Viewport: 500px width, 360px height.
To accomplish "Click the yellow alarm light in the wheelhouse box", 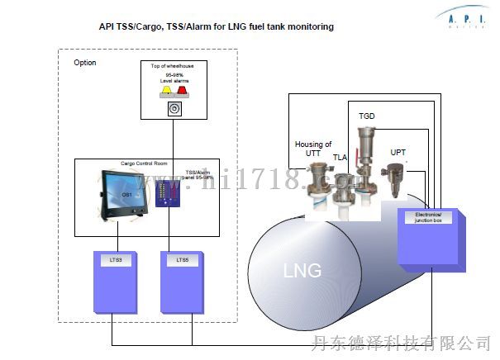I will (x=164, y=92).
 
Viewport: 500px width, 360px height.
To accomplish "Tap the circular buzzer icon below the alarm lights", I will (x=173, y=109).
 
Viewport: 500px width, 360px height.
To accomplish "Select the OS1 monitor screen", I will (x=126, y=196).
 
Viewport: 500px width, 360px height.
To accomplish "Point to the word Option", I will (x=85, y=63).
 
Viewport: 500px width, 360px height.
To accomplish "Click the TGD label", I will (x=366, y=116).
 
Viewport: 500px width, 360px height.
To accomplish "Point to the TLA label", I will (x=340, y=157).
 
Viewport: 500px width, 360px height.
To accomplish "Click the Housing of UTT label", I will (x=312, y=149).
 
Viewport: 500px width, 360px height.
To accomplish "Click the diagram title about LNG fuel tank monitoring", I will (x=217, y=26).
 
